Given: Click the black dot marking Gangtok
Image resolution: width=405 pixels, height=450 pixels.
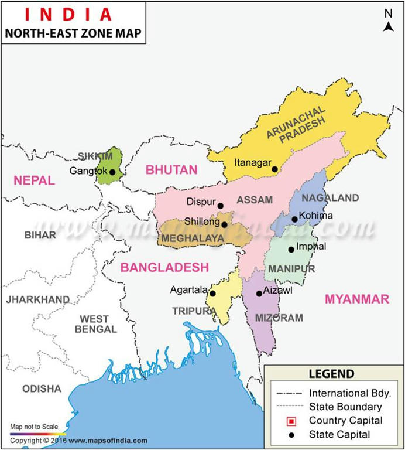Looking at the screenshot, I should tap(112, 172).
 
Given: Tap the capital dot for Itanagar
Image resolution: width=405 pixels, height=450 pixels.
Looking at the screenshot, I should tap(274, 169).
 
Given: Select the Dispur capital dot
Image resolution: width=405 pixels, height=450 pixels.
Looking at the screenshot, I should tap(221, 206).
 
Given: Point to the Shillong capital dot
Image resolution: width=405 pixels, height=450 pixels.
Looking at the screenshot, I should tap(224, 224).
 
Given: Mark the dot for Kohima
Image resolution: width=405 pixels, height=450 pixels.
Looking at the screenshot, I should tap(295, 220).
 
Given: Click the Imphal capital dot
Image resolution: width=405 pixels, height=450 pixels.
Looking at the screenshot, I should tap(291, 250).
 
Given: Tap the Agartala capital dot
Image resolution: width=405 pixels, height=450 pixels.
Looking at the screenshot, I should tap(212, 294).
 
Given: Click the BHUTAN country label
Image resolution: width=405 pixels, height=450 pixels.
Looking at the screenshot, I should tap(171, 170).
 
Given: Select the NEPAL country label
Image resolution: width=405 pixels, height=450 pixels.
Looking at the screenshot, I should tap(34, 180).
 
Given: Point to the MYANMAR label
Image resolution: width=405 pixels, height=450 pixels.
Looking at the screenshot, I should tap(357, 299).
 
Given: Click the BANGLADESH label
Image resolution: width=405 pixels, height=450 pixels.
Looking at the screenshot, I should tap(164, 267).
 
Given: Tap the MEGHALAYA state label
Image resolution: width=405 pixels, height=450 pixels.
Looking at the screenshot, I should tap(193, 238).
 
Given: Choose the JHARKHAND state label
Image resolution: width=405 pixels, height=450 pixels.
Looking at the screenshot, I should tap(37, 299).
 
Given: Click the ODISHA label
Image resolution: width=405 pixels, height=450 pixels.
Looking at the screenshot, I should tap(42, 388).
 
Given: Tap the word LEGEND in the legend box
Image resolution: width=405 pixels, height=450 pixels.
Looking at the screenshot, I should tap(331, 374).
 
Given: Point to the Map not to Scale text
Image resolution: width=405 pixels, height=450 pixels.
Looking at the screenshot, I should tap(34, 427).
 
